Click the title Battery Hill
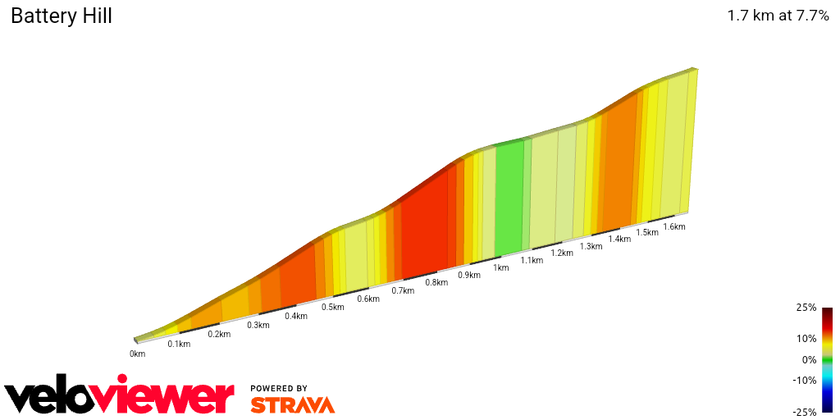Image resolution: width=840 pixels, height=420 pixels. [62, 16]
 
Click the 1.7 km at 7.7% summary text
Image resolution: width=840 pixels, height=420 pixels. [778, 16]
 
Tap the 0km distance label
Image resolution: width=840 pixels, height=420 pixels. [137, 354]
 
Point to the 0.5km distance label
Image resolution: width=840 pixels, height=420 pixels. [332, 307]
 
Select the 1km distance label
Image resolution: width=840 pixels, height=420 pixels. [500, 267]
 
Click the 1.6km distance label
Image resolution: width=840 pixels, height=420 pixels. [673, 226]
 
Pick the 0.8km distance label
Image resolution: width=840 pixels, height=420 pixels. [436, 283]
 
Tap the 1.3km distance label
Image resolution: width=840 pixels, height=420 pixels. [591, 246]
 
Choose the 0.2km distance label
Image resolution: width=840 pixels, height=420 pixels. [219, 334]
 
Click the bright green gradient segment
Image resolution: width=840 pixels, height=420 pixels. [509, 197]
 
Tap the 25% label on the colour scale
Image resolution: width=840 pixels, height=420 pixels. [806, 308]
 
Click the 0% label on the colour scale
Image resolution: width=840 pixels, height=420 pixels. [809, 359]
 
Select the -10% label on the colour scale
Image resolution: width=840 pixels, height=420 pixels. [805, 380]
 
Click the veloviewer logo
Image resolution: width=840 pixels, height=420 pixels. [119, 397]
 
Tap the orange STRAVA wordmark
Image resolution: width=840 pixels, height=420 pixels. [292, 404]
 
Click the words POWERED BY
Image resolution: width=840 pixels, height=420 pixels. [279, 388]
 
